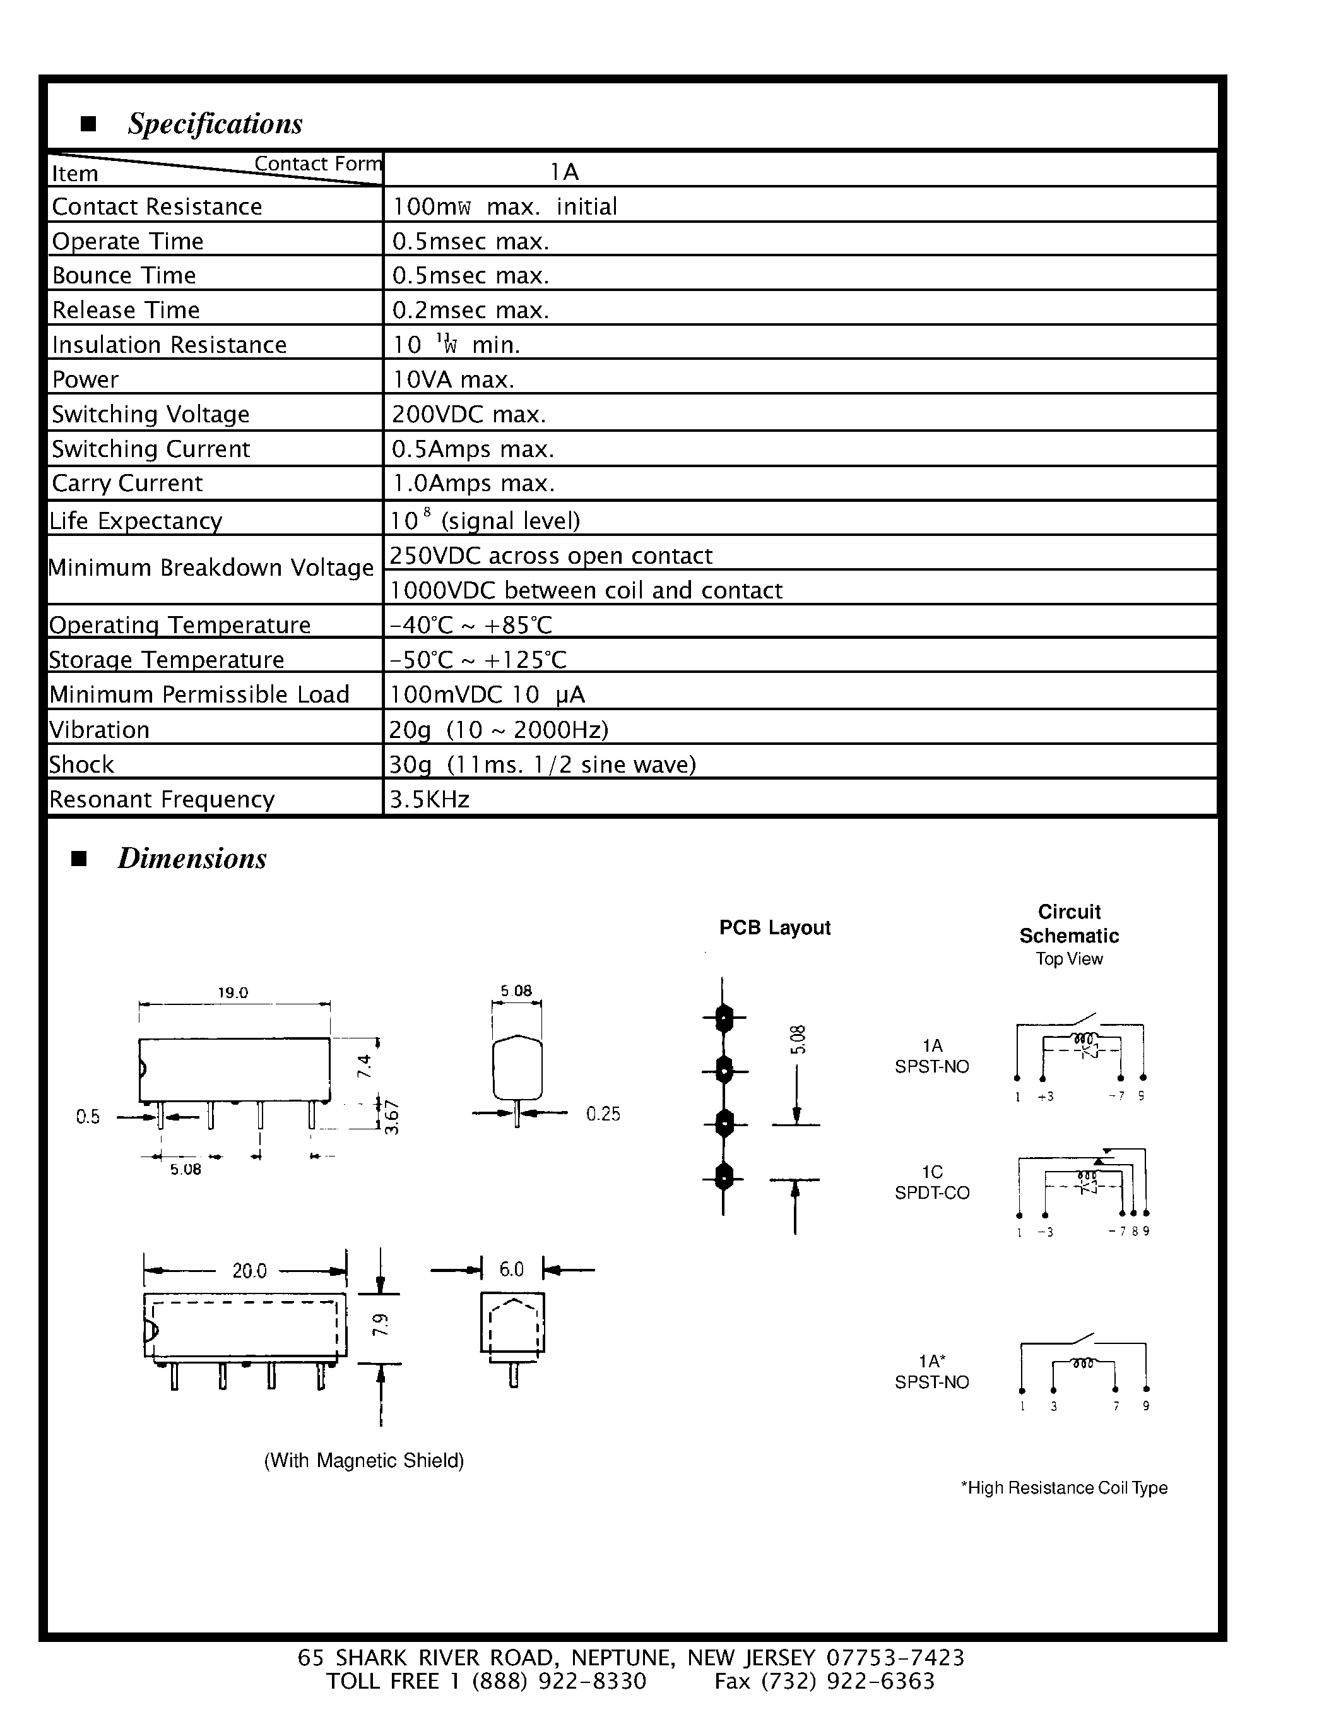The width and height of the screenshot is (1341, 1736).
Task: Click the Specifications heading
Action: pyautogui.click(x=215, y=124)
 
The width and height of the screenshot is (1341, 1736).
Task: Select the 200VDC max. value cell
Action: pyautogui.click(x=469, y=414)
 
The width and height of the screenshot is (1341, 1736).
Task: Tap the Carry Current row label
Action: pyautogui.click(x=127, y=484)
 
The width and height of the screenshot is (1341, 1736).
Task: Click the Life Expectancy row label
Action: pyautogui.click(x=136, y=521)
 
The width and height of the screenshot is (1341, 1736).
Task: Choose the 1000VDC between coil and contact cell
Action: pyautogui.click(x=586, y=590)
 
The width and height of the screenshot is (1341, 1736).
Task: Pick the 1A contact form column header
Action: pyautogui.click(x=564, y=172)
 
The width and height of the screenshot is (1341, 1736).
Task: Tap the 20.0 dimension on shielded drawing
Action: pyautogui.click(x=249, y=1270)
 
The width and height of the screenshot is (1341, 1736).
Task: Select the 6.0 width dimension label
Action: pyautogui.click(x=512, y=1269)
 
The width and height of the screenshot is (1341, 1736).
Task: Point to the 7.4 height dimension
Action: pyautogui.click(x=365, y=1066)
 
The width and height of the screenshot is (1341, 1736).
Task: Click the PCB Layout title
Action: pyautogui.click(x=774, y=927)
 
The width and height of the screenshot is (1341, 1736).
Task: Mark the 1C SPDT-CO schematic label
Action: pyautogui.click(x=932, y=1182)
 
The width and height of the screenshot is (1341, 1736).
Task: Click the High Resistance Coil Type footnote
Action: pyautogui.click(x=1064, y=1487)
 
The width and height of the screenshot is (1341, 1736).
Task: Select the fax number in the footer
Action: pyautogui.click(x=824, y=1681)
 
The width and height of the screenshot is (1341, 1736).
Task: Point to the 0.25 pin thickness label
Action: pyautogui.click(x=603, y=1114)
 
